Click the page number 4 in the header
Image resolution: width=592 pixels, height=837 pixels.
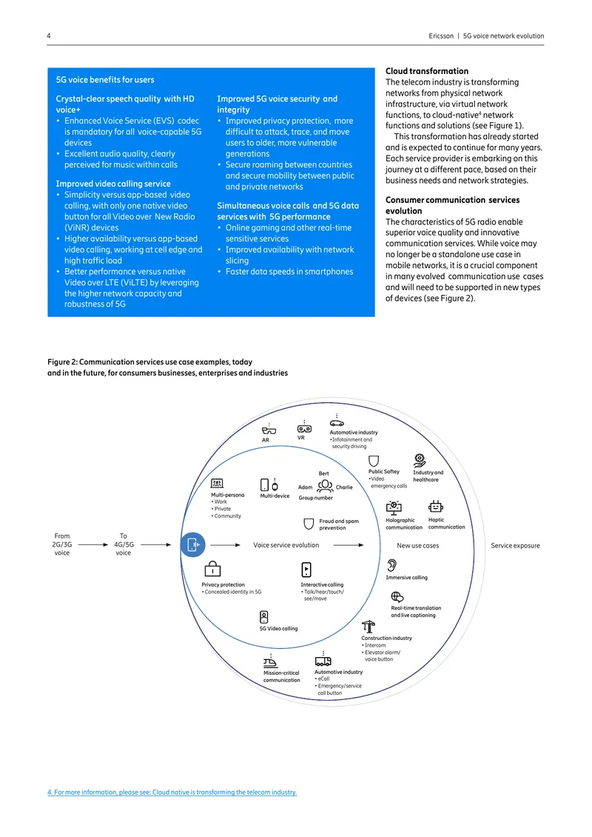[49, 36]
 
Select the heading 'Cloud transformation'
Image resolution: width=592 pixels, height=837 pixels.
[427, 71]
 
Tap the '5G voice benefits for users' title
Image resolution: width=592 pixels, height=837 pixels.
[105, 79]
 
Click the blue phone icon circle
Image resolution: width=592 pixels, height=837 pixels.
[192, 544]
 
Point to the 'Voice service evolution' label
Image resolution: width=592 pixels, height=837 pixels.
[286, 545]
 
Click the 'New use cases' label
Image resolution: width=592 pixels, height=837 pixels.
[417, 546]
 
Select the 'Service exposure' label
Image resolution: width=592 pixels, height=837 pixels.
[515, 546]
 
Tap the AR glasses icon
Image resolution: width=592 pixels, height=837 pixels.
[269, 430]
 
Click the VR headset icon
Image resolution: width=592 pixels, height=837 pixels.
[304, 429]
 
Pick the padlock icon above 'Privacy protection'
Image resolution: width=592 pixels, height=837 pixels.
[212, 569]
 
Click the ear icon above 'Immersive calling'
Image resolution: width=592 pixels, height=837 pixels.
[392, 565]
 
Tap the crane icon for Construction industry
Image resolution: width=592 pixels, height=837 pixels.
[368, 626]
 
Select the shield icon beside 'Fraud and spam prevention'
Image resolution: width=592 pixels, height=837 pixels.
[309, 524]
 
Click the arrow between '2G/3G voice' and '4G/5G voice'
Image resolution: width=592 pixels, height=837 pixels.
[93, 545]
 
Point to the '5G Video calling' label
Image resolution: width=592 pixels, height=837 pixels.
[278, 628]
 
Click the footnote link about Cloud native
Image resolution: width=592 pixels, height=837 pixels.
[172, 792]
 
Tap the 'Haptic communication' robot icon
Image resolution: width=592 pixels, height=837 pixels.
[436, 506]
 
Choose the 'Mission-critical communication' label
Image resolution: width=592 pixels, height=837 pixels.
[282, 676]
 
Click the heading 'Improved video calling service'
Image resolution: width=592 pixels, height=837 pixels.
[113, 184]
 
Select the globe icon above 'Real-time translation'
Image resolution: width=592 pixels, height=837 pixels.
[397, 597]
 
